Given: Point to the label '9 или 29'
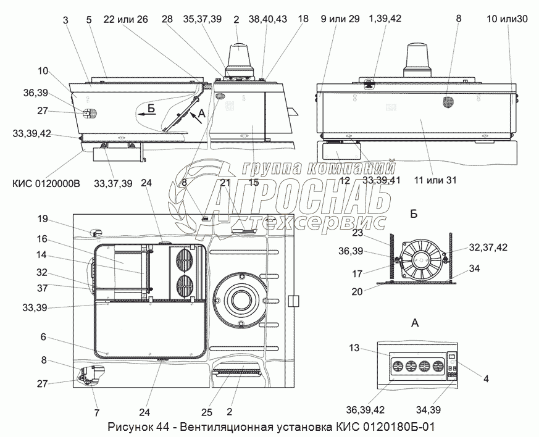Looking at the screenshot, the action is point(340,19).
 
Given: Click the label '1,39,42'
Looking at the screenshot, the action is point(384,19).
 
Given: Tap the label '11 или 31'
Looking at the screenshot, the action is point(435,180).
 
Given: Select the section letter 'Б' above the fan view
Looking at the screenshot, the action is point(414,214).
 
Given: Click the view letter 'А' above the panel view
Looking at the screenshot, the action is point(415,322).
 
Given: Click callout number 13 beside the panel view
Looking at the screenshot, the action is point(353,348).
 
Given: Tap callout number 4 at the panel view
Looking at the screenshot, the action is point(486,379).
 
